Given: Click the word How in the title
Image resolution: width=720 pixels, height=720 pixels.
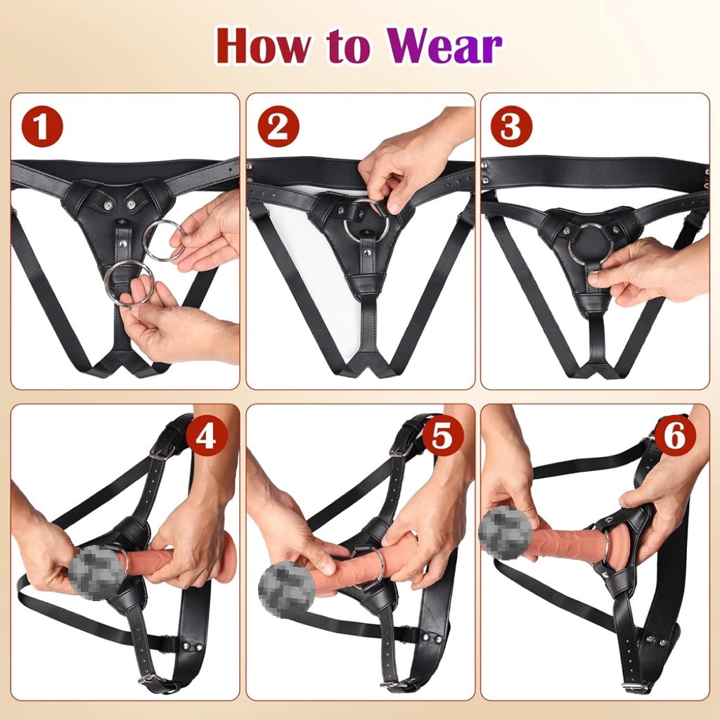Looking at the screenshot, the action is (x=263, y=46).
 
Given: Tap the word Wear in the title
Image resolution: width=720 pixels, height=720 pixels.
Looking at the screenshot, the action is (x=444, y=46).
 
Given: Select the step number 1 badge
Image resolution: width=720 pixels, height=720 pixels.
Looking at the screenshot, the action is (x=41, y=127).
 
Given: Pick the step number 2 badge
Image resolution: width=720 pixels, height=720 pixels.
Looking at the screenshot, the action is (x=278, y=127).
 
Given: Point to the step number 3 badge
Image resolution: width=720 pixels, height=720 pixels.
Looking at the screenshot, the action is (x=511, y=127).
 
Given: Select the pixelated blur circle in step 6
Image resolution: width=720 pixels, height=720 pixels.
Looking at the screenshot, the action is (x=505, y=534).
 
